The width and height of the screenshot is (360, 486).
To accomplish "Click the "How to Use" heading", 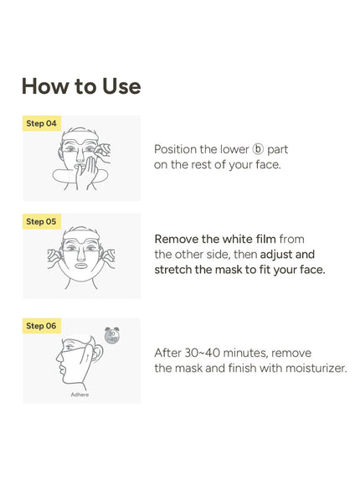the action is (81, 86).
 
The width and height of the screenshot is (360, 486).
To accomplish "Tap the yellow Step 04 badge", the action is (42, 123).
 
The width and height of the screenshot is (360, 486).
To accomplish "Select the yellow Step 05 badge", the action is (42, 221).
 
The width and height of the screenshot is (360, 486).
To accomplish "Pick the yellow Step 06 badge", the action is (42, 326).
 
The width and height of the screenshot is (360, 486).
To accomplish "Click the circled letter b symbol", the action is (258, 149).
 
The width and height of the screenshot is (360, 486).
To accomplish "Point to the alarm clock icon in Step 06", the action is (112, 336).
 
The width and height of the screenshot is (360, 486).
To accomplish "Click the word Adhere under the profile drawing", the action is (80, 395).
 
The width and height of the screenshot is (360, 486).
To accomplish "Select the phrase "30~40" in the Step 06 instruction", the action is (203, 353).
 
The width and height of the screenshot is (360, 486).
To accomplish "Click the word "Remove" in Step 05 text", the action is (177, 239).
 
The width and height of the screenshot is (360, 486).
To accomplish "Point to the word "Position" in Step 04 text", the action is (175, 149).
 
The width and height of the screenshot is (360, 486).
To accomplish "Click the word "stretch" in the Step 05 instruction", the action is (172, 270).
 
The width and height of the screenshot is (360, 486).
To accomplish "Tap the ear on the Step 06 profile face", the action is (97, 354).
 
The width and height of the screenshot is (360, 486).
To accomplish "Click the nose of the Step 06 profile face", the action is (59, 357).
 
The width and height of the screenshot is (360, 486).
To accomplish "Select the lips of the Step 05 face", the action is (81, 266).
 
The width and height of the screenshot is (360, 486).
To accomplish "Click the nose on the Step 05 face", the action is (81, 255).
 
